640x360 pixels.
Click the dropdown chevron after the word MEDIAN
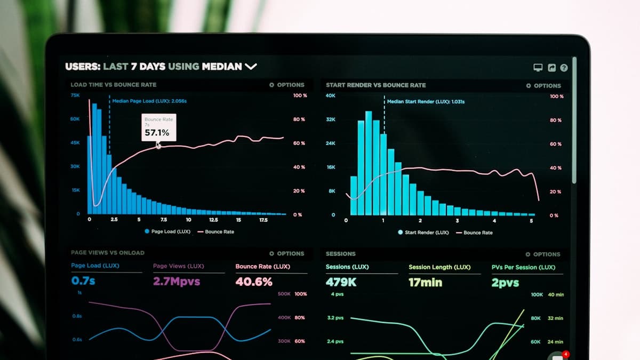[x=251, y=67]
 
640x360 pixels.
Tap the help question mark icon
[x=564, y=68]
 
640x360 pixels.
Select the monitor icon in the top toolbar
[x=538, y=68]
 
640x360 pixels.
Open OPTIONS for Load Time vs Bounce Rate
[x=287, y=85]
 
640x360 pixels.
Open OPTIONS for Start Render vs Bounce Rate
[x=543, y=85]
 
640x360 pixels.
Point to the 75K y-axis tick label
[x=75, y=95]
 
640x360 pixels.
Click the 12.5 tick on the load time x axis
[x=213, y=220]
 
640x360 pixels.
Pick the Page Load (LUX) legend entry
[x=167, y=231]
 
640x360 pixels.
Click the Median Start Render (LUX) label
[x=426, y=101]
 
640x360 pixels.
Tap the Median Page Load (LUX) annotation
[x=149, y=101]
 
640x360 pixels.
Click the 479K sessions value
[x=341, y=282]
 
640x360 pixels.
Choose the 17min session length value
[x=425, y=283]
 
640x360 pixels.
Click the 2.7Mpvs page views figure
[x=177, y=282]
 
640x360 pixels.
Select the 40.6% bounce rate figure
[x=254, y=282]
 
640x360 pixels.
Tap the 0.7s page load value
[x=83, y=281]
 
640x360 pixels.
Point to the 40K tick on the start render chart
[x=331, y=95]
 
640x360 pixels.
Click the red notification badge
[x=566, y=354]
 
